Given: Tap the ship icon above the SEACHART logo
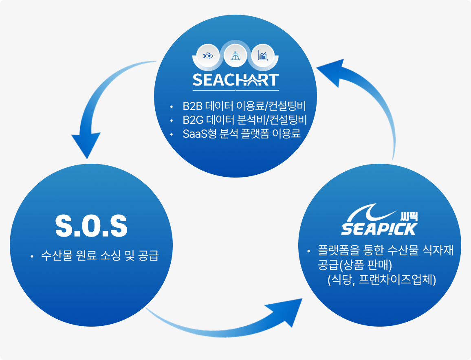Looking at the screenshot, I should [236, 55].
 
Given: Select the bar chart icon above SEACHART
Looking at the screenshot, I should [262, 55].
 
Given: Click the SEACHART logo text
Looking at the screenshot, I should [236, 80].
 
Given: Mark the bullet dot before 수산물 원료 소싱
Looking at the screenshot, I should [31, 257].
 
